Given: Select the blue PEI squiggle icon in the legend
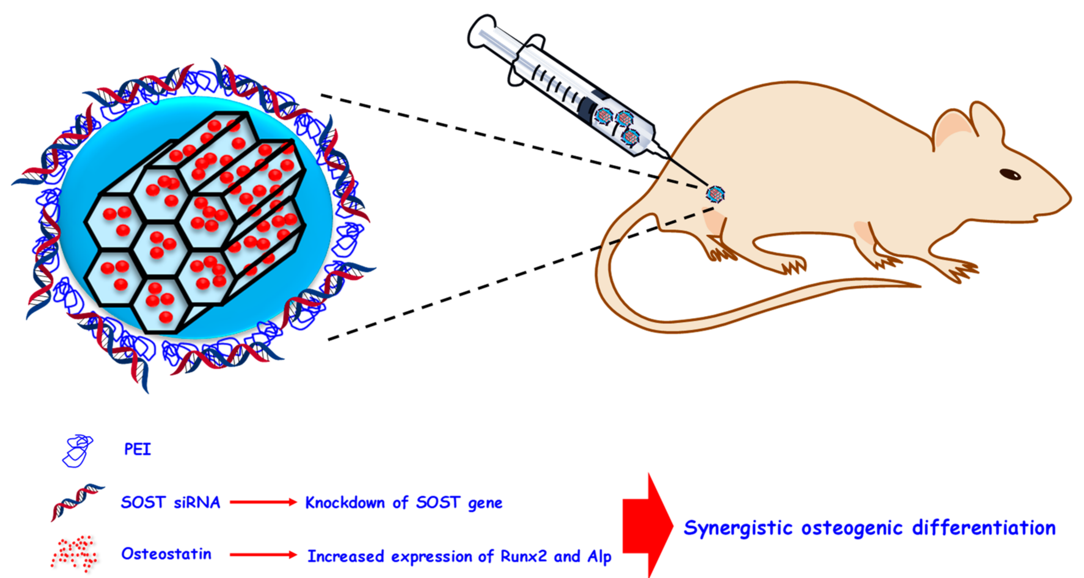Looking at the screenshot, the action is [77, 451].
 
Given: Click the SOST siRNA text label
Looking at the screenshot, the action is [170, 502].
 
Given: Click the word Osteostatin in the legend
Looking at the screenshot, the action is [166, 554].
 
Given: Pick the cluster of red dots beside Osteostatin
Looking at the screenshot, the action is [74, 554].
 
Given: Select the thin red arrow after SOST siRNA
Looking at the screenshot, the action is [263, 502].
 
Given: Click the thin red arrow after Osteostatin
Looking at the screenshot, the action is [263, 555].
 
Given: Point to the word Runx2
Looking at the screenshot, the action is [524, 556].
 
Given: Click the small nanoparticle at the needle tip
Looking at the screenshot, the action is [715, 194].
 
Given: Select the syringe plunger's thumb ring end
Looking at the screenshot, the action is [480, 31].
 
